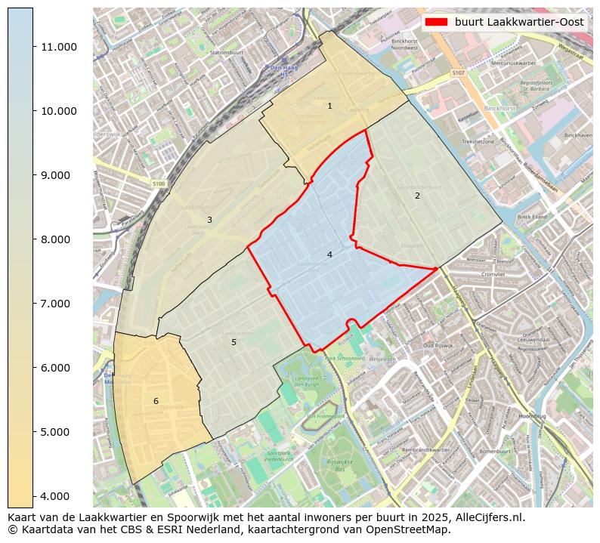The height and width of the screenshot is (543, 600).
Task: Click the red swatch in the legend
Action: click(x=437, y=22)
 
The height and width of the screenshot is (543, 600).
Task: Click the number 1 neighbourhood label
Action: click(x=329, y=106)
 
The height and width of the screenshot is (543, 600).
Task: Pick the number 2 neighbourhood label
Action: click(x=417, y=196)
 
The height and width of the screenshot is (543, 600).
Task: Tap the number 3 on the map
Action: click(x=209, y=220)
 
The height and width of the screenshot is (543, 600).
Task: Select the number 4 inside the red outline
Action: click(x=329, y=255)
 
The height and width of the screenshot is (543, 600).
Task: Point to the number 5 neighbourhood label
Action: click(x=234, y=342)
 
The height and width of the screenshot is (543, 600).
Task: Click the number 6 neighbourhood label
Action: click(x=156, y=401)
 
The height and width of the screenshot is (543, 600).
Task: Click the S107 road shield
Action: click(x=457, y=73)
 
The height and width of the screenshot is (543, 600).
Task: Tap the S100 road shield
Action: click(x=158, y=184)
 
